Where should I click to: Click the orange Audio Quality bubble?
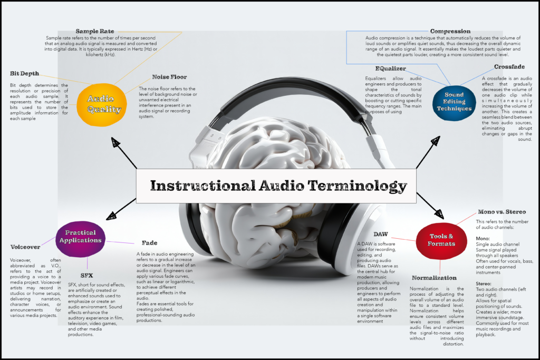click(x=102, y=105)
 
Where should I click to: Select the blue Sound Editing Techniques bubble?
click(x=454, y=103)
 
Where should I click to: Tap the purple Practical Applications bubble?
click(x=80, y=239)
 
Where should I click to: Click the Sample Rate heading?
click(x=95, y=31)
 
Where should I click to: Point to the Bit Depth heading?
click(x=24, y=74)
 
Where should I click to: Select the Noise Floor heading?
click(x=169, y=77)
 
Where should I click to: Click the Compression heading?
click(x=450, y=31)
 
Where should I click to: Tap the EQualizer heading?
click(x=391, y=69)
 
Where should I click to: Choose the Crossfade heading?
click(x=509, y=67)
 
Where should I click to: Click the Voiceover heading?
click(x=25, y=247)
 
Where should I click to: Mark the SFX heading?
click(x=87, y=276)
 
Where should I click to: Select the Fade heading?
click(x=149, y=243)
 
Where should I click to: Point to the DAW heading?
click(x=381, y=235)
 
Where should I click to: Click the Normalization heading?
click(x=435, y=278)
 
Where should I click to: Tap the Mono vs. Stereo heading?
click(x=502, y=212)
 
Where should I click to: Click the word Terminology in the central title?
click(x=357, y=186)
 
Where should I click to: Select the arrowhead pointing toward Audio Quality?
click(x=115, y=142)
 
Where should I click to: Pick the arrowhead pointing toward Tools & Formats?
click(x=439, y=213)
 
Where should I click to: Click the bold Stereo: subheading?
click(x=484, y=284)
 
